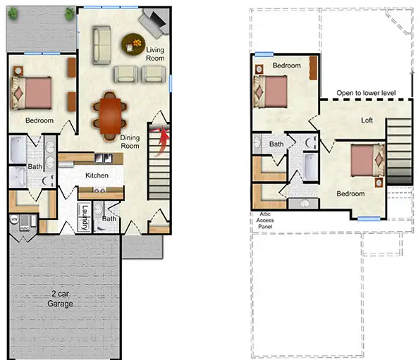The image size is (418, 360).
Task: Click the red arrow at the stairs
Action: tap(165, 134)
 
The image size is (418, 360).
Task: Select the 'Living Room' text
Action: tap(155, 55)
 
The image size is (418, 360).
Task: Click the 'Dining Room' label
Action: tap(134, 141)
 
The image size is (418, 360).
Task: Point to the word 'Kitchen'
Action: tap(97, 175)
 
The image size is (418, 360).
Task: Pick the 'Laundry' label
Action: tap(85, 217)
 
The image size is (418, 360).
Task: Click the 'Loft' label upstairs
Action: tap(367, 120)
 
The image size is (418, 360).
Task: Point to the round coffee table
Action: tap(132, 44)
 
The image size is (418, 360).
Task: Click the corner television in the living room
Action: tap(154, 24)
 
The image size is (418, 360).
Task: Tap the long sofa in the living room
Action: tap(102, 44)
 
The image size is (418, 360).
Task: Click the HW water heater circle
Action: tap(13, 220)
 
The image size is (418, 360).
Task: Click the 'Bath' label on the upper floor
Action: tap(276, 144)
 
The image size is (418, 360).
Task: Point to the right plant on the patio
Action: tap(69, 13)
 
